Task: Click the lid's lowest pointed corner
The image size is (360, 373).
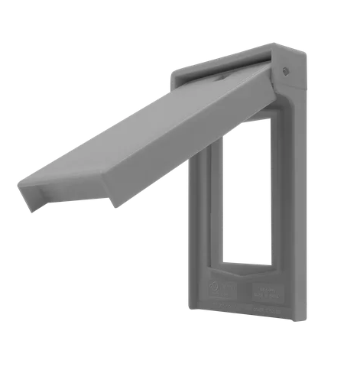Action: (113, 205)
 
